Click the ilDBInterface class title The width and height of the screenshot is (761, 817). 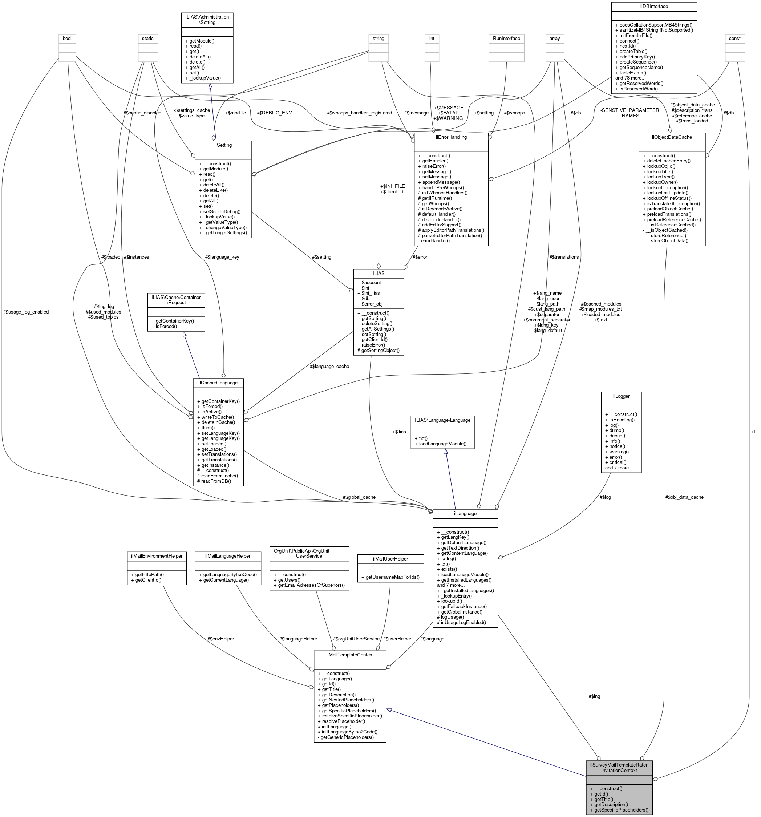[654, 7]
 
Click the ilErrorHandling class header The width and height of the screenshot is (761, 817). [451, 137]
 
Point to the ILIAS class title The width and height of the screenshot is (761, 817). [378, 273]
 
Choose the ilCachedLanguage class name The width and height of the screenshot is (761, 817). [218, 382]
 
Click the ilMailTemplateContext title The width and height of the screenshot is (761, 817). [350, 654]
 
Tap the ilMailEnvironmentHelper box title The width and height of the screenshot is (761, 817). [156, 556]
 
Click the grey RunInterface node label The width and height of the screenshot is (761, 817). [506, 38]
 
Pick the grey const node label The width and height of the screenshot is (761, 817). [734, 38]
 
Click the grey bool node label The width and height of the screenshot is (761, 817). [67, 38]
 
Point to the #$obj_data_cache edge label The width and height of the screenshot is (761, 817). [684, 497]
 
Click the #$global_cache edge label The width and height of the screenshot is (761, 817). [359, 497]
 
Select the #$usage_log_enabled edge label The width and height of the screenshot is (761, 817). [25, 312]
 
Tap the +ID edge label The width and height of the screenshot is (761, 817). [754, 432]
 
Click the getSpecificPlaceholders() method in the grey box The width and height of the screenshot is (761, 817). [619, 810]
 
